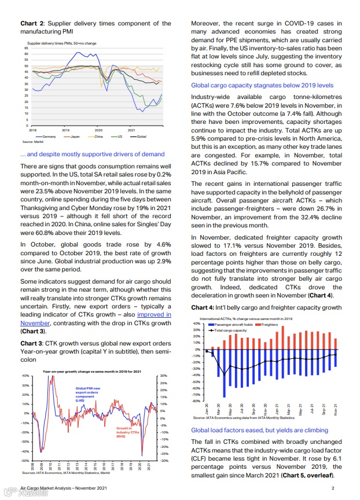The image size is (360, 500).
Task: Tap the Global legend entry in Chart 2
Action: [142, 136]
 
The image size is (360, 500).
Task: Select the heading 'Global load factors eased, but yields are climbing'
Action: [259, 430]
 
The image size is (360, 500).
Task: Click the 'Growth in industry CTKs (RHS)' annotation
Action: [128, 432]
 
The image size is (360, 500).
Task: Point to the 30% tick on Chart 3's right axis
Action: [163, 376]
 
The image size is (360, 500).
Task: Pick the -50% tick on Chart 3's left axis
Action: [25, 461]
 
